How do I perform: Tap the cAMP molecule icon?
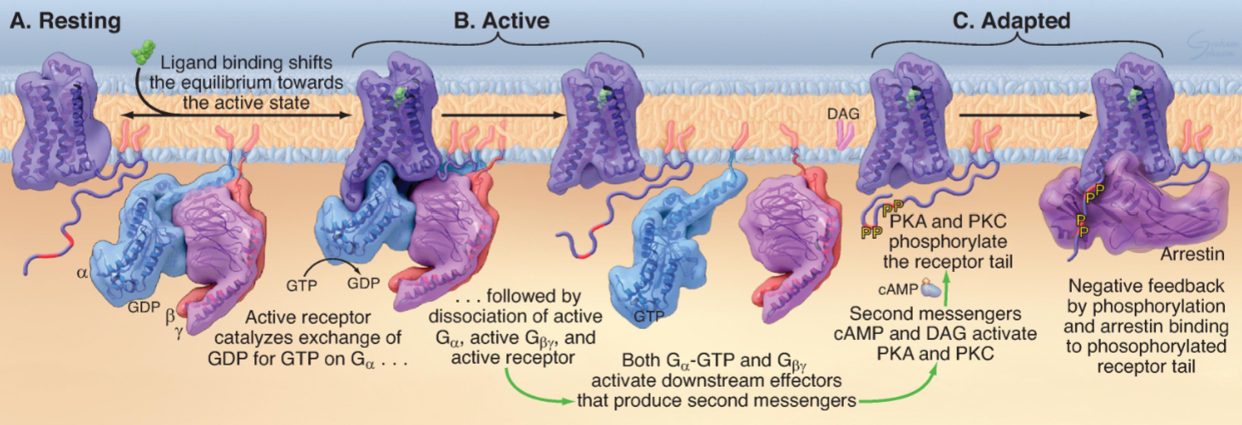click(x=926, y=288)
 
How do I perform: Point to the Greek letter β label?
click(x=168, y=317)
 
